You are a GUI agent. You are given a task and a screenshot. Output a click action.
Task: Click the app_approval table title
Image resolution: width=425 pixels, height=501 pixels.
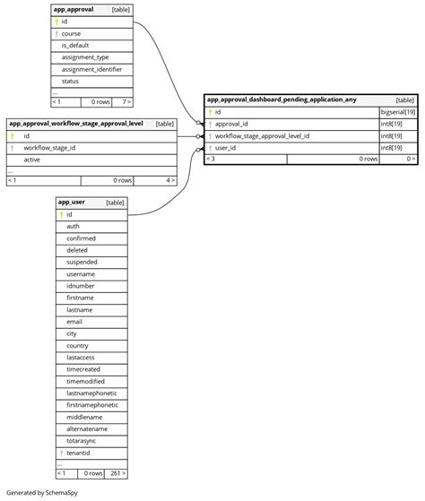click(x=74, y=9)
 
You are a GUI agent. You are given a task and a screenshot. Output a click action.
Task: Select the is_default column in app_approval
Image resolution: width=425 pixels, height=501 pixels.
click(x=74, y=45)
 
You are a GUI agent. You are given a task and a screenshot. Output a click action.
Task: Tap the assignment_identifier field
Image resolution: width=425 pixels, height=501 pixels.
click(x=91, y=69)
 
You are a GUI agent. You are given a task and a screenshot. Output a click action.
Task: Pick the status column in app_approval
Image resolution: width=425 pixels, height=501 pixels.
click(x=70, y=81)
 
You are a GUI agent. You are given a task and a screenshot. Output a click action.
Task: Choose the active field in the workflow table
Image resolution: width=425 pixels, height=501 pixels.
click(x=32, y=159)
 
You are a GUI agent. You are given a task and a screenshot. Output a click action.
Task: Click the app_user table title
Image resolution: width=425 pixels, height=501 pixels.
click(x=72, y=203)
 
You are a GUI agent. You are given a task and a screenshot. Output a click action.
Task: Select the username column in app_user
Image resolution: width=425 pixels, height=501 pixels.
click(x=80, y=273)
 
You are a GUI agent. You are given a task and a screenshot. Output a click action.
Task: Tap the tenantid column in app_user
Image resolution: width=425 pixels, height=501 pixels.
click(x=79, y=453)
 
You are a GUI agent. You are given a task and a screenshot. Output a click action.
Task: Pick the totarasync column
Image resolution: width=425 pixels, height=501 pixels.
click(x=82, y=440)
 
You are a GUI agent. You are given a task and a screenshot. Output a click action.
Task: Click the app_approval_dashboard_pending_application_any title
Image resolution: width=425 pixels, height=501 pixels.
click(x=282, y=100)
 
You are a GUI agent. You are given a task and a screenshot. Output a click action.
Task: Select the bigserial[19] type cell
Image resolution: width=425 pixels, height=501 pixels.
click(x=397, y=112)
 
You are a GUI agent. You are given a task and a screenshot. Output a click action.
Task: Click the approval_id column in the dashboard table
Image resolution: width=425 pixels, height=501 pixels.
click(x=231, y=124)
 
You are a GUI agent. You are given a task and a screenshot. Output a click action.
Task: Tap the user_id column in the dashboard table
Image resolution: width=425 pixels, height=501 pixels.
click(x=225, y=147)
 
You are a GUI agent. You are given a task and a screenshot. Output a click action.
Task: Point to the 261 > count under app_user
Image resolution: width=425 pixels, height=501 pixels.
click(x=116, y=473)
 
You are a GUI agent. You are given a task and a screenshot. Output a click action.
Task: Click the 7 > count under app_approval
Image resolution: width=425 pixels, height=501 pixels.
click(x=126, y=102)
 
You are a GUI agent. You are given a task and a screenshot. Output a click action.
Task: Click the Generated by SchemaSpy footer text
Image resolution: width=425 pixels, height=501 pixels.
click(x=41, y=493)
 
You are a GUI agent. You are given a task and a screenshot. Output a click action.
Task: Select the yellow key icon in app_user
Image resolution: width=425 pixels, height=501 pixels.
click(x=61, y=214)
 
